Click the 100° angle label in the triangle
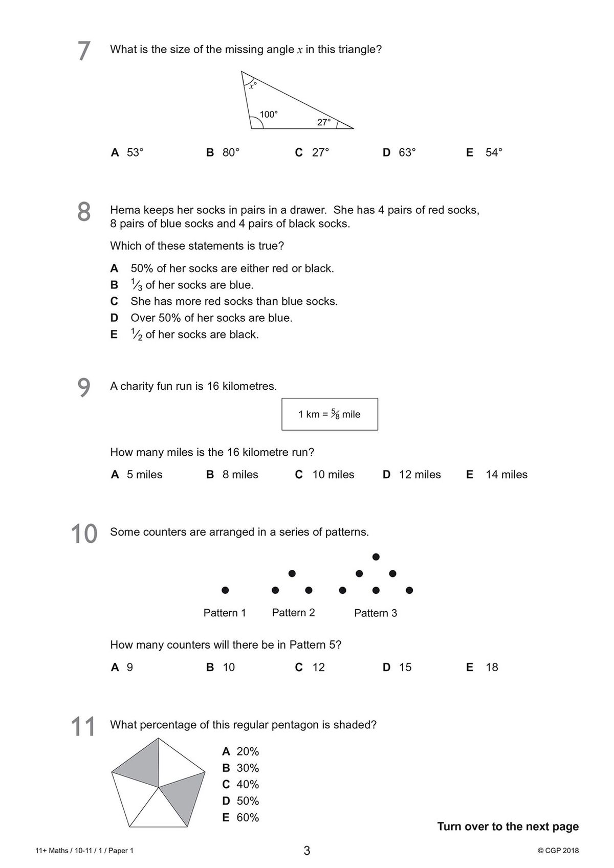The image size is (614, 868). click(269, 115)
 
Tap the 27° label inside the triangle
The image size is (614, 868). click(324, 122)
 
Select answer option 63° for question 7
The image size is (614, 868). click(407, 152)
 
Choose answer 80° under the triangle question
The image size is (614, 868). click(231, 152)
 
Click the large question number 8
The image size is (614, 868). click(84, 212)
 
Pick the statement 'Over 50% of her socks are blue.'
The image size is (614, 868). click(211, 318)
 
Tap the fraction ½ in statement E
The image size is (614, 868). click(136, 335)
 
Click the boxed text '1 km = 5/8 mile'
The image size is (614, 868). click(330, 414)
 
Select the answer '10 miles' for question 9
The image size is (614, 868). click(333, 475)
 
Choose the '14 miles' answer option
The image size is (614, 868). click(506, 475)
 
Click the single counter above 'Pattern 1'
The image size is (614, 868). click(225, 590)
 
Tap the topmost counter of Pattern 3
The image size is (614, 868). click(376, 557)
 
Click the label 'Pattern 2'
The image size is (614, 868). click(293, 613)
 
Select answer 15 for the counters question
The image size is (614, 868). click(405, 667)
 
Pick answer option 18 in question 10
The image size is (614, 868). click(492, 667)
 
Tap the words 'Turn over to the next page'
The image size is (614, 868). click(508, 827)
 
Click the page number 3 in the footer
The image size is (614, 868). click(307, 851)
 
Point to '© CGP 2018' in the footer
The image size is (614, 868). click(558, 851)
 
